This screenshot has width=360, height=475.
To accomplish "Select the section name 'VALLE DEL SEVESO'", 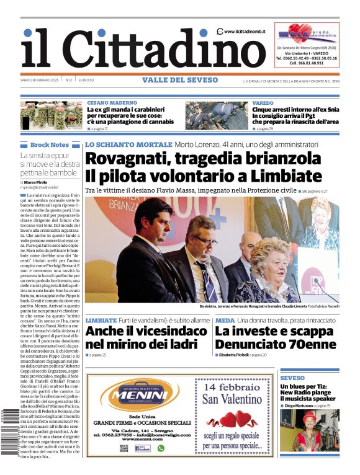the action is [180, 80].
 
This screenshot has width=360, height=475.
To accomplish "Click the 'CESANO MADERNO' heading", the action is [112, 102].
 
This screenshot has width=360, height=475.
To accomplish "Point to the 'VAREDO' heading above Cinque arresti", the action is [263, 102].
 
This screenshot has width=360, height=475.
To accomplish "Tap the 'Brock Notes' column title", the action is [50, 145].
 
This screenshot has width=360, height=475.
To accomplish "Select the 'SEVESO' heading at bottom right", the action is [292, 377].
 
